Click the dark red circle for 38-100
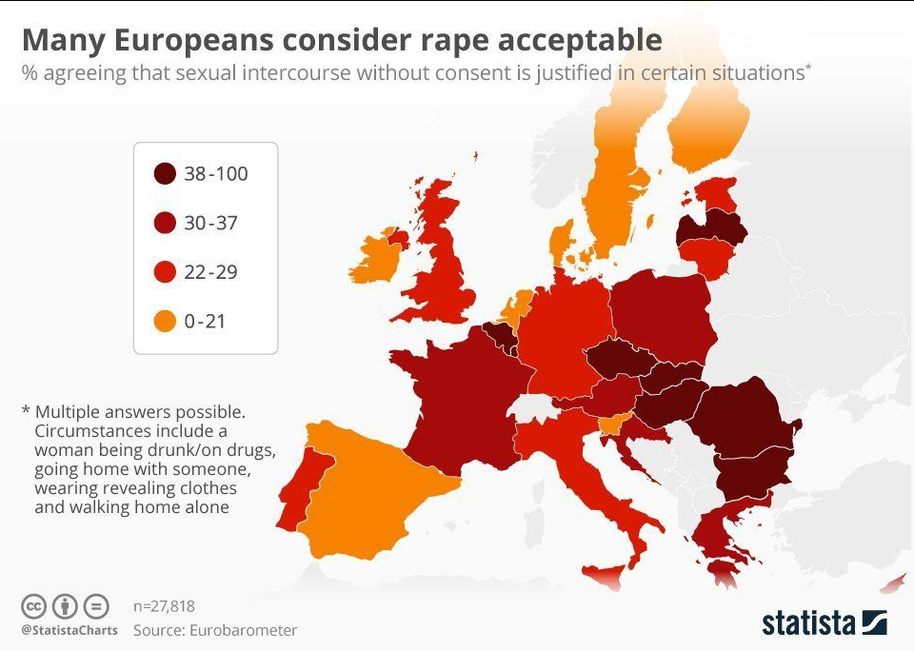165,174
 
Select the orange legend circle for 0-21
165,322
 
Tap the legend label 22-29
210,272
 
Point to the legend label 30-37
210,224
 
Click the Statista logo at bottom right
824,623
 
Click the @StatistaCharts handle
70,630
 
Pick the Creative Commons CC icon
34,606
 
